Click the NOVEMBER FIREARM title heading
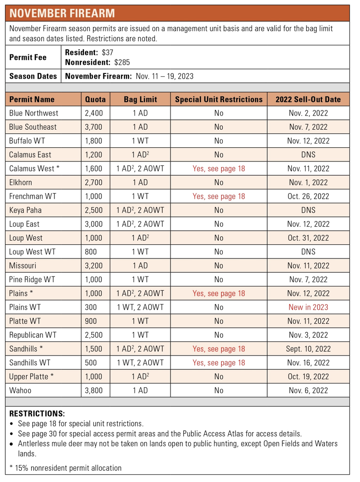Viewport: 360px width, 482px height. click(x=62, y=13)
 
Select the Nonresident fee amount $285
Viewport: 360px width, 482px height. click(x=122, y=62)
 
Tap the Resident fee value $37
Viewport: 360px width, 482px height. click(x=108, y=53)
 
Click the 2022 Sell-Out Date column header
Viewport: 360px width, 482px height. click(x=308, y=99)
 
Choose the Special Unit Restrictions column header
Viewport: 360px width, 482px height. click(x=218, y=99)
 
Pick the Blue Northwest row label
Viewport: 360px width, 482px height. click(x=34, y=113)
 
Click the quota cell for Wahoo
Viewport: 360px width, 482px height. click(x=94, y=391)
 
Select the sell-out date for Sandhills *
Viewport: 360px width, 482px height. click(x=308, y=349)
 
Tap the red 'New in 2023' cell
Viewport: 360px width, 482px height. click(x=308, y=307)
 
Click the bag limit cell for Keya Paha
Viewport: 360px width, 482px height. click(x=140, y=210)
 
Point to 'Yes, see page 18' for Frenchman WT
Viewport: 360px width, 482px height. click(x=218, y=196)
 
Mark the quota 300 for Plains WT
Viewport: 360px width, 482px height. click(x=91, y=307)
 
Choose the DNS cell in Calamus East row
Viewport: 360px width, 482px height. click(x=308, y=155)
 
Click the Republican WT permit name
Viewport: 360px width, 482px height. click(x=33, y=335)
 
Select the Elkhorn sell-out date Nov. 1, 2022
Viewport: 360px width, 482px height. click(x=308, y=183)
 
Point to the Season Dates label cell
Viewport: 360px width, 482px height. click(x=33, y=76)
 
